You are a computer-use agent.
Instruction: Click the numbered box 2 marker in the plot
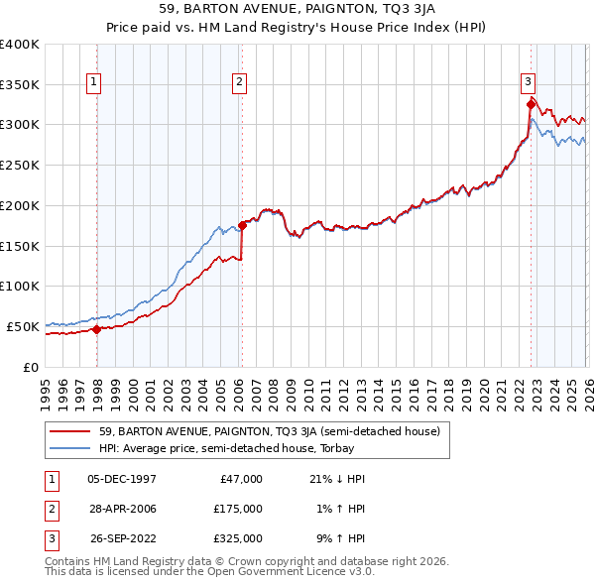[240, 83]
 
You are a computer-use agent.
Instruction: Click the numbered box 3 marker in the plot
[529, 83]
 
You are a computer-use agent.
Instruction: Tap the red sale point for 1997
[96, 330]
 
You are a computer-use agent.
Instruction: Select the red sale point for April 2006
[242, 226]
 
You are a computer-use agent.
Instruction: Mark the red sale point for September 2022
[531, 104]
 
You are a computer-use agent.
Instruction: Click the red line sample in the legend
[71, 431]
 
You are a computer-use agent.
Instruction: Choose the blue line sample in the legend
[71, 448]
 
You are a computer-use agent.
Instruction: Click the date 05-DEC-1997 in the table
[121, 479]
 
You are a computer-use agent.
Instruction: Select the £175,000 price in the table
[237, 509]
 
